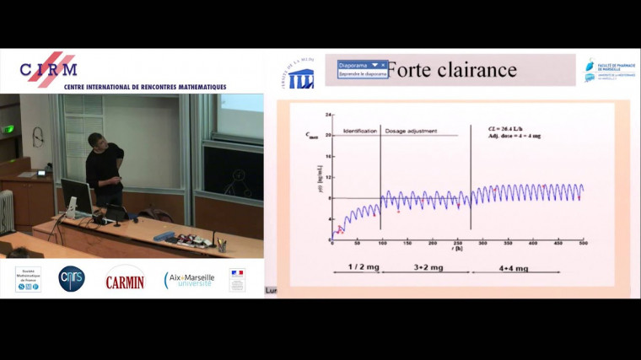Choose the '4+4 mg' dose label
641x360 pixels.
510,269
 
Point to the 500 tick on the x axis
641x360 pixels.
582,244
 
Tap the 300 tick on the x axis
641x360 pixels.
482,244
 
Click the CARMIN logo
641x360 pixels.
124,279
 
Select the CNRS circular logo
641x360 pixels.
72,278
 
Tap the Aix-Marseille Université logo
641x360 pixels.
189,279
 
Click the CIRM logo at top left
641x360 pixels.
49,69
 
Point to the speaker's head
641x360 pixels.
97,141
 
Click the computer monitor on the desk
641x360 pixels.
76,196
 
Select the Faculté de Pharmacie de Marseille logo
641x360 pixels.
606,71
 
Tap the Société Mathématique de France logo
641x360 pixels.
28,279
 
